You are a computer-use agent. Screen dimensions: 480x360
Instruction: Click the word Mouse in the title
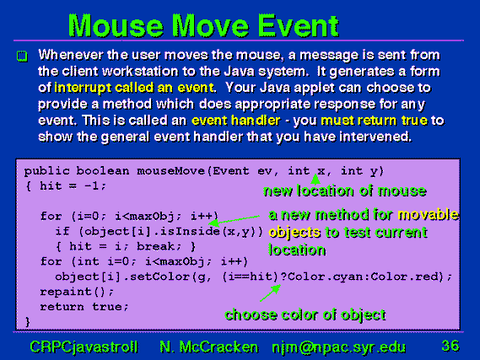116,25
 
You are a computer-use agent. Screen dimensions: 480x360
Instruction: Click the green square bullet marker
22,56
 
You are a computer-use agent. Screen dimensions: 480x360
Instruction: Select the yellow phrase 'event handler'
235,121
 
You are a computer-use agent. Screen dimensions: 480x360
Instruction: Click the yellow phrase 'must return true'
374,121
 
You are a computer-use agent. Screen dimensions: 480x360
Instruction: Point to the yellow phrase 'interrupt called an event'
134,88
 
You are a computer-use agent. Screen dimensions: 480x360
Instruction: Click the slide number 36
450,346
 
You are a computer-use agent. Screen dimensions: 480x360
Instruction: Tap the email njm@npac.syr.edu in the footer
338,347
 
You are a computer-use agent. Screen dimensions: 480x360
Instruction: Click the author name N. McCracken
208,347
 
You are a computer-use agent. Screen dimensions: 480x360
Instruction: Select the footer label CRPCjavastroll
84,347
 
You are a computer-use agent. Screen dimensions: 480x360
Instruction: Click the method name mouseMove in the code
170,170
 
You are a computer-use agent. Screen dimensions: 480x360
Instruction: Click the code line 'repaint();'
77,292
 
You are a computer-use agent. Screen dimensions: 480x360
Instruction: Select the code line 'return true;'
84,307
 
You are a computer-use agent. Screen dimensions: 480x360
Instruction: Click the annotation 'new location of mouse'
345,191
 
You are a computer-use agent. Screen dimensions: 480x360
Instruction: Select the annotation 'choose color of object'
305,315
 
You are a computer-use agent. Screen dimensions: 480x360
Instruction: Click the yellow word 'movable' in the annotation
428,215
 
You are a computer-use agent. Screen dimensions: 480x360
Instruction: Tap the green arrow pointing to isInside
234,219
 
